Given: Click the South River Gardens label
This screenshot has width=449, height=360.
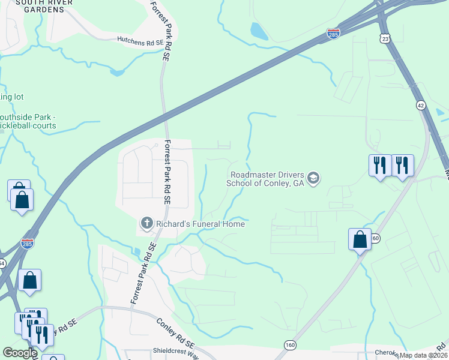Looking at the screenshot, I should [x=40, y=6].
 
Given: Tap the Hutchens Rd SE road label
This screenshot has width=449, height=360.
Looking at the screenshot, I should [x=140, y=43].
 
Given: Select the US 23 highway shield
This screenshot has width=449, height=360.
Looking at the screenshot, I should [x=385, y=38].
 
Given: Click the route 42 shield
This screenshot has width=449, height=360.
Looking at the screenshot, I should [x=421, y=105].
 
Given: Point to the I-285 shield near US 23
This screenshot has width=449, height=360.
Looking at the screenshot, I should [x=334, y=34].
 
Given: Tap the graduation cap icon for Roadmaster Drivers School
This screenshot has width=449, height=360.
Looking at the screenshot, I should [x=313, y=178].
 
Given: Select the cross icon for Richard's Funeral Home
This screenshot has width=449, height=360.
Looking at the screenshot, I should [x=146, y=224].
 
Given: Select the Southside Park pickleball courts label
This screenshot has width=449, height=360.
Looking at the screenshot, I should [x=28, y=121].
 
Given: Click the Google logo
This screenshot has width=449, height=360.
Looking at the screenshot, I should [x=20, y=353].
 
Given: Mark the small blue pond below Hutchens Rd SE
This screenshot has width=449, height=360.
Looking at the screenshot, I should [x=118, y=73].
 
